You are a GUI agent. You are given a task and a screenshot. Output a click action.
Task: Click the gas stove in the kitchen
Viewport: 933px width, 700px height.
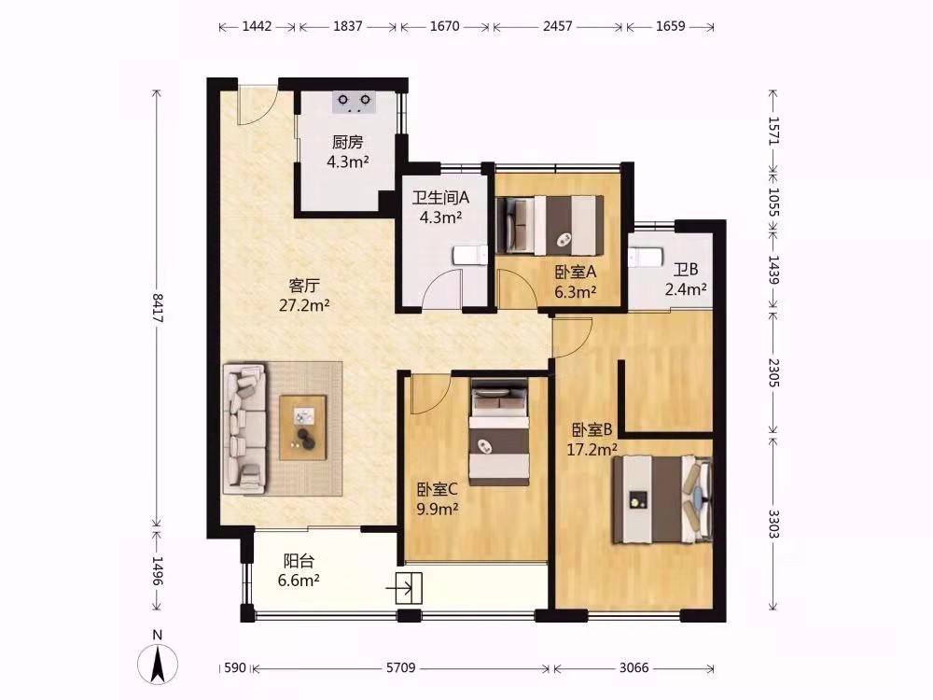click(354, 102)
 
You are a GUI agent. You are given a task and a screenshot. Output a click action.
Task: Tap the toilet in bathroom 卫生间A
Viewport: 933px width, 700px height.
click(470, 256)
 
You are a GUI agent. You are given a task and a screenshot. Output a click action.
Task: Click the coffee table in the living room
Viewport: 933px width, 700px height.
click(303, 427)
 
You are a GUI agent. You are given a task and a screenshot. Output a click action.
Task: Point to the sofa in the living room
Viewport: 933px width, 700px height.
click(245, 428)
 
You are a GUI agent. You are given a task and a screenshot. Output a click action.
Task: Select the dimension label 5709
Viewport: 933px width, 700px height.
click(400, 668)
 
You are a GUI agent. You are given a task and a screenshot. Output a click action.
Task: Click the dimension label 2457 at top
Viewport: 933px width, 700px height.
click(558, 26)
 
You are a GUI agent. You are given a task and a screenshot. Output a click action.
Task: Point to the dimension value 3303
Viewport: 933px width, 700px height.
click(773, 524)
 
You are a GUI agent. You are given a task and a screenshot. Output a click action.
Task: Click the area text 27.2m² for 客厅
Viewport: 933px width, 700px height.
click(304, 306)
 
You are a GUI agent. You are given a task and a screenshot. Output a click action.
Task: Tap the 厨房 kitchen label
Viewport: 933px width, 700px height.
click(347, 142)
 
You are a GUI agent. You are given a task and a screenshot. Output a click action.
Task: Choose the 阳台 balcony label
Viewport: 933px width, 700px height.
click(299, 561)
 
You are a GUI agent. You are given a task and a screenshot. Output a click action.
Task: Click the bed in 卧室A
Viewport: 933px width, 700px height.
click(550, 226)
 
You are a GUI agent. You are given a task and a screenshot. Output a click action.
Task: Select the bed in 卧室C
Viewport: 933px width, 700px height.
click(499, 431)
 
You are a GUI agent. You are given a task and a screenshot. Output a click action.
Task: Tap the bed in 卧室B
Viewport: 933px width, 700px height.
click(662, 498)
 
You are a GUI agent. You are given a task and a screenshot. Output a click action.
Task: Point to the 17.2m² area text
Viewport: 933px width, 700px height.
click(592, 450)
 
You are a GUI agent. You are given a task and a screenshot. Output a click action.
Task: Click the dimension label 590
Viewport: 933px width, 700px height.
click(235, 668)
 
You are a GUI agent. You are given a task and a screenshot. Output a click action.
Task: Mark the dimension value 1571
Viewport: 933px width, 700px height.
click(773, 131)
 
